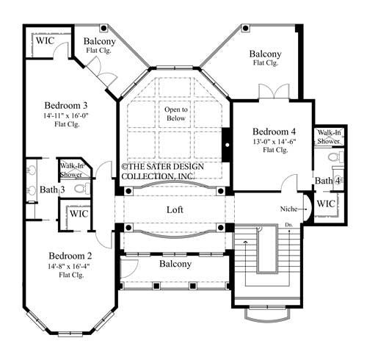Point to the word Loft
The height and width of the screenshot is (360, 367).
coord(174,210)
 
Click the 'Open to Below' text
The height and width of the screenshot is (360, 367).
coord(175,113)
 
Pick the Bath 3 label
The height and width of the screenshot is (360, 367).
coord(52,190)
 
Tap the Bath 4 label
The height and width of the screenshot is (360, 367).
coord(327,181)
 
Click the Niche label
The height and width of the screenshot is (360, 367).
coord(289,209)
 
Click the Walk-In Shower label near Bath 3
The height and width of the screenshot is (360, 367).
coord(70,170)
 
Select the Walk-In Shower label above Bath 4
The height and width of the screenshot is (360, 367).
coord(327,137)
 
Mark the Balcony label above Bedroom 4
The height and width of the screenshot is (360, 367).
coord(264,54)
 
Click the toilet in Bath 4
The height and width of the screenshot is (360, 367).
coord(334,157)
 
